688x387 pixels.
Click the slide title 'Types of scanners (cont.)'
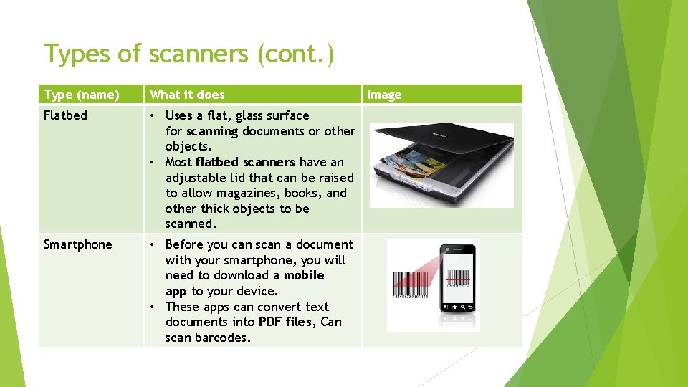click(x=188, y=54)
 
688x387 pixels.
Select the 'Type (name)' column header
click(x=82, y=95)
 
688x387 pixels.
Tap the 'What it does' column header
click(x=187, y=95)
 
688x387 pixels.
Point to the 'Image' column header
click(x=384, y=95)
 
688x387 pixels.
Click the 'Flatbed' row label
click(x=65, y=115)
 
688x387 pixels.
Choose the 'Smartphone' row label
click(x=78, y=244)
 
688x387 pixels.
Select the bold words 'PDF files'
click(x=285, y=322)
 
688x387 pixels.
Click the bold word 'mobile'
click(x=304, y=275)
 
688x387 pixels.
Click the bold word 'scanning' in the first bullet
click(x=212, y=131)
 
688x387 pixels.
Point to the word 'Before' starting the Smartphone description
click(x=185, y=244)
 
